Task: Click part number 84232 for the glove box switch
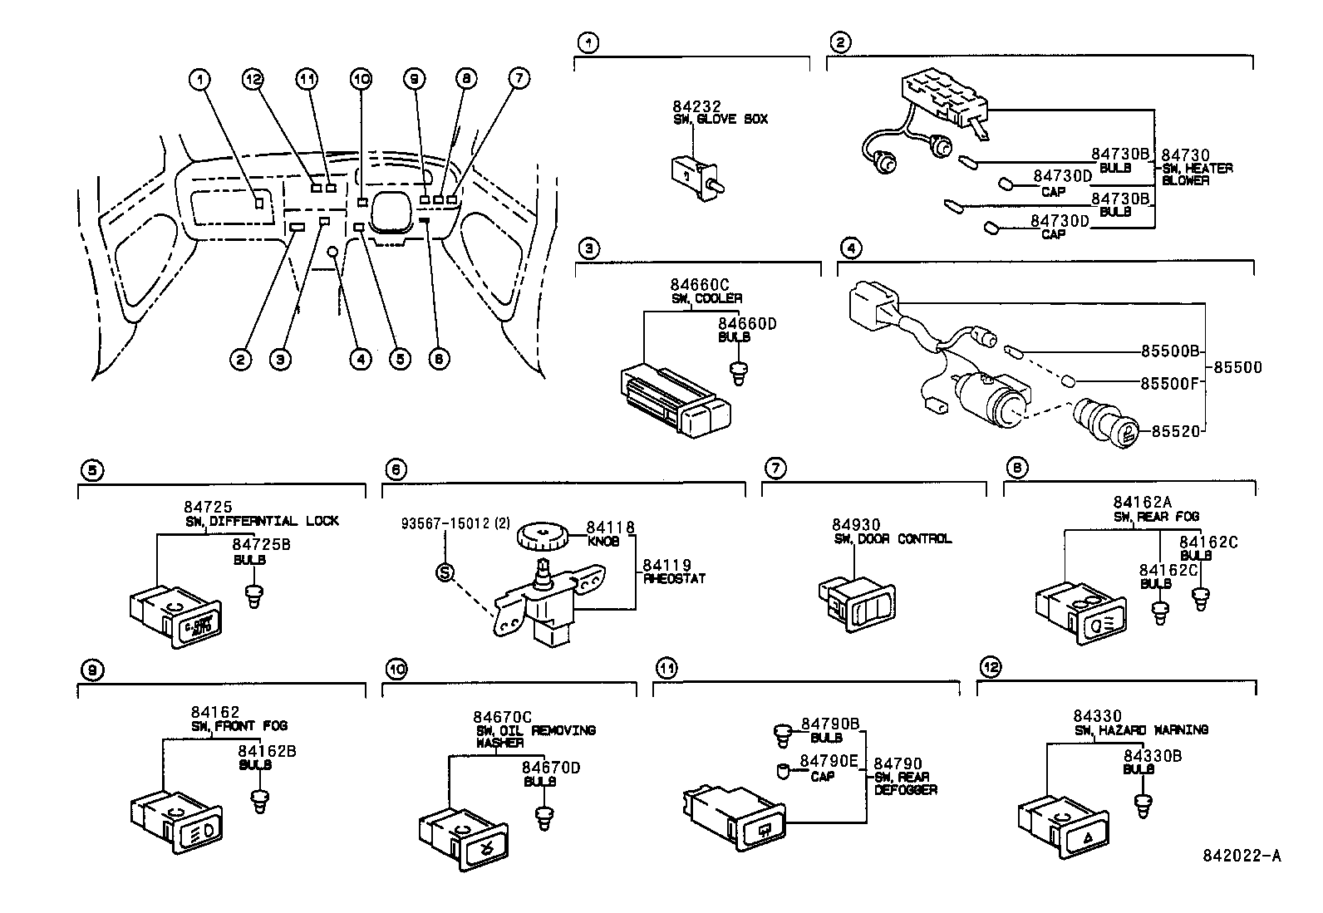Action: pyautogui.click(x=696, y=106)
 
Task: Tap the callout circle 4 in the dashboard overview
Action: pyautogui.click(x=360, y=359)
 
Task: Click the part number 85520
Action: pyautogui.click(x=1176, y=431)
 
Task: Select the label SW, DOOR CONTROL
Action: pyautogui.click(x=893, y=539)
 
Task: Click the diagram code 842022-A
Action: pyautogui.click(x=1242, y=857)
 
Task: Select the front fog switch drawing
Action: pyautogui.click(x=176, y=822)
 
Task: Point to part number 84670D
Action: pyautogui.click(x=551, y=768)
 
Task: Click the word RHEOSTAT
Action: pyautogui.click(x=674, y=578)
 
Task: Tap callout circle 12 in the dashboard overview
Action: pyautogui.click(x=253, y=80)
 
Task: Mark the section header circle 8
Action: pyautogui.click(x=1016, y=469)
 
